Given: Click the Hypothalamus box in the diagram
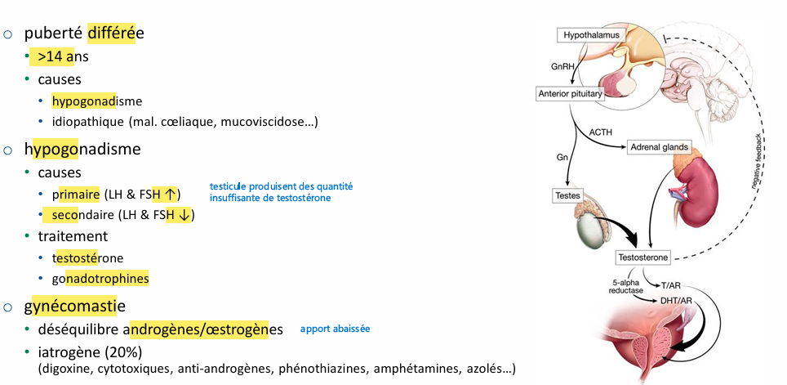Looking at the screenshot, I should [589, 35].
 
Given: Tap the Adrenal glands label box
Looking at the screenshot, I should [660, 148].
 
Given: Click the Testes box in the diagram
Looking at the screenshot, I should [569, 195].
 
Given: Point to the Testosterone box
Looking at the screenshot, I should [643, 257].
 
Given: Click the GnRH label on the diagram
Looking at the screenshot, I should [559, 64].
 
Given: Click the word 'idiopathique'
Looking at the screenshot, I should [89, 122].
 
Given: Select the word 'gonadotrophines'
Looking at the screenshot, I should [100, 278].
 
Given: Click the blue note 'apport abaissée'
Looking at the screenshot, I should [335, 329].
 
